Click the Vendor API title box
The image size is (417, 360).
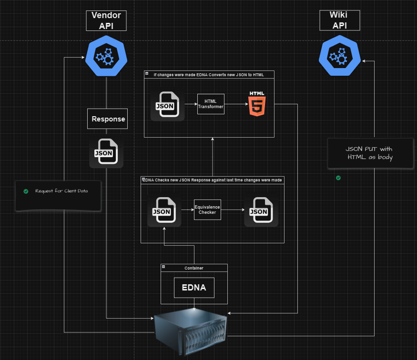106,21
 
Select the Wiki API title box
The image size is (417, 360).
339,21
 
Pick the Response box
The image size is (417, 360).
108,119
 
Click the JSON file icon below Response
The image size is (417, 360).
106,152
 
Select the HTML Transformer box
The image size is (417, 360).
210,104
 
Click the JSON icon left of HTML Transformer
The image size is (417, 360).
167,105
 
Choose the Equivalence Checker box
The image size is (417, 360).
207,210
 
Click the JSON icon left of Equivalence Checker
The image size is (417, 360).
164,210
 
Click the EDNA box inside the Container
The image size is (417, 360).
194,288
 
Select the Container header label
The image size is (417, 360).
194,268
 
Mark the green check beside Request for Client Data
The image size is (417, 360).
26,191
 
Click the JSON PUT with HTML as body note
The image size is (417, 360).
369,153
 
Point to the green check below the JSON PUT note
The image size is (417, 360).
338,178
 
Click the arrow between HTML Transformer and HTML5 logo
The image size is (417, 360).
236,104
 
